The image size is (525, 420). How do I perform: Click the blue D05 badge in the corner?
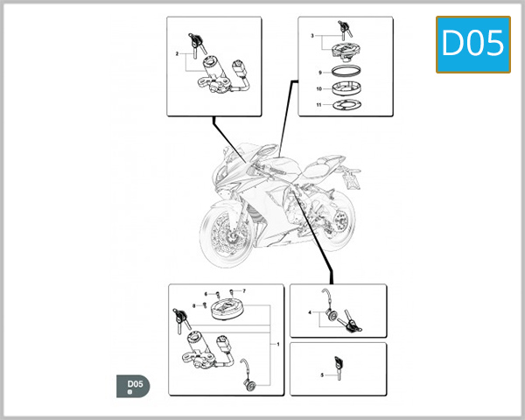(x=473, y=44)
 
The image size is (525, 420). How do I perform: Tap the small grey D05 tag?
(x=133, y=386)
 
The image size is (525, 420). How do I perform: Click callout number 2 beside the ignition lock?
(x=177, y=54)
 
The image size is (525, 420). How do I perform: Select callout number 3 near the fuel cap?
(x=311, y=36)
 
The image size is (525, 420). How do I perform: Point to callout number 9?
(x=321, y=72)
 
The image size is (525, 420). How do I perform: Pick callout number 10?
(x=321, y=88)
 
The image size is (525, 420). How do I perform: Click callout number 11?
(x=321, y=105)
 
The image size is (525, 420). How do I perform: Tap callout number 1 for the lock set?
(x=277, y=344)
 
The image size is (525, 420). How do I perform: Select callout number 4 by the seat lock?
(x=309, y=312)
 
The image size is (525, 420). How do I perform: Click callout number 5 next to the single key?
(x=323, y=374)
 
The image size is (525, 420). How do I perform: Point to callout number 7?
(x=244, y=290)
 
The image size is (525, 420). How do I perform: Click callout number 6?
(x=205, y=294)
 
